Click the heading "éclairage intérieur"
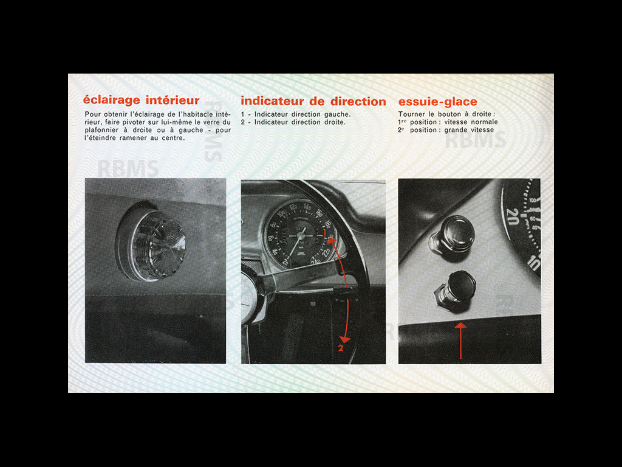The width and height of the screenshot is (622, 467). [x=141, y=101]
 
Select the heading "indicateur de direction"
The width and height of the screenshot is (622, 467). [x=313, y=102]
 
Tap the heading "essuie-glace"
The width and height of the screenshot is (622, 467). [x=437, y=102]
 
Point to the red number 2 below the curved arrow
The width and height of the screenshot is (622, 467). [x=341, y=348]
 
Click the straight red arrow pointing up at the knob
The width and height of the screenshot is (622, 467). [x=460, y=341]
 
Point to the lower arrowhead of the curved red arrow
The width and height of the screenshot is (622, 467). [x=345, y=338]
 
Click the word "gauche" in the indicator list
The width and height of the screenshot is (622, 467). [x=337, y=114]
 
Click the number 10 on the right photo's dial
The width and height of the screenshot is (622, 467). [x=533, y=263]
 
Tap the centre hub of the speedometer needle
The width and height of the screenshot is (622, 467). [x=299, y=234]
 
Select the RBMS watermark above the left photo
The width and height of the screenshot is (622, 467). [x=128, y=168]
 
